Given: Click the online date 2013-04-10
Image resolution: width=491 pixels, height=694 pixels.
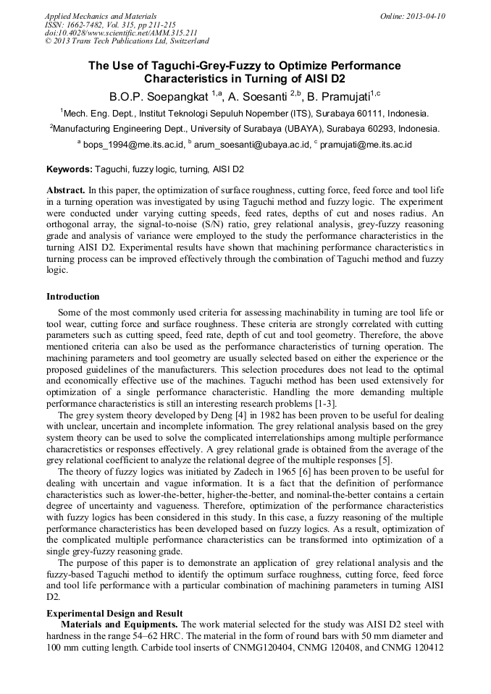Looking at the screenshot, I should tap(426, 16).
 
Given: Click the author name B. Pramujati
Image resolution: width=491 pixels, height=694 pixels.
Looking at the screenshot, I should tap(336, 96).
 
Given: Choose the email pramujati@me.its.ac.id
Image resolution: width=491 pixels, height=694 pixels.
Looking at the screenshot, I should tap(365, 145).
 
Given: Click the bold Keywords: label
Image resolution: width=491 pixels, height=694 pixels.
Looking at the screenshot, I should tap(70, 170).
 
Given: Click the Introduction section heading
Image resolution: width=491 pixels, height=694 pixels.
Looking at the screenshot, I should tap(73, 297).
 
